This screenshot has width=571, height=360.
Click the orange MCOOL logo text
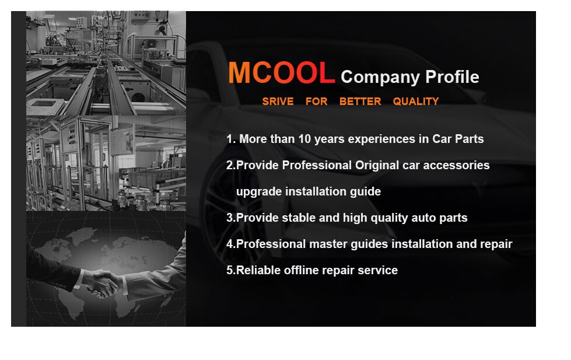click(x=281, y=72)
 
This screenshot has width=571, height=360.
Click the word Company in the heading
click(x=380, y=78)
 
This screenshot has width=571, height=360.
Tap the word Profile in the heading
click(x=452, y=76)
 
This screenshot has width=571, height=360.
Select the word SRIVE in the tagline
click(x=278, y=102)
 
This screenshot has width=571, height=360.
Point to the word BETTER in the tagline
click(x=360, y=102)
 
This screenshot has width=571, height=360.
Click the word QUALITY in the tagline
click(x=415, y=102)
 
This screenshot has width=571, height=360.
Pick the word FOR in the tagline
click(x=317, y=102)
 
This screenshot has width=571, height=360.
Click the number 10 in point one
click(x=304, y=139)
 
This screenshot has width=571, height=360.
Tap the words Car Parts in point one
click(x=458, y=139)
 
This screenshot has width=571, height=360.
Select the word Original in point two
click(x=377, y=166)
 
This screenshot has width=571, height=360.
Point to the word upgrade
click(x=259, y=191)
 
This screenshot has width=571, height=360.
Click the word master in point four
click(x=328, y=244)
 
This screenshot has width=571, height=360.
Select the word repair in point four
click(x=496, y=244)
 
